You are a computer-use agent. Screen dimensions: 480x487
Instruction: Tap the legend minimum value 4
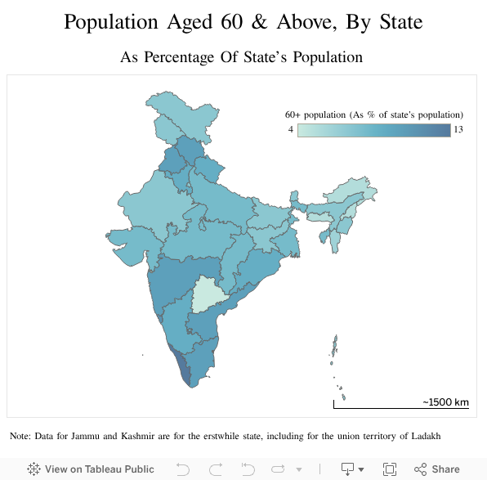290,130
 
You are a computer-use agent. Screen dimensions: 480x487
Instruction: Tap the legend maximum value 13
458,130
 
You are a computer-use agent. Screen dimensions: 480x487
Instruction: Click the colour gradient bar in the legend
373,130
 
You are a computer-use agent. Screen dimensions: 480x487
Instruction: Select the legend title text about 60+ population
373,114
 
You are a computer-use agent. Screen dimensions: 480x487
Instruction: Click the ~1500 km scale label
445,402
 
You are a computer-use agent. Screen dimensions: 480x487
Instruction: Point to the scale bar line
400,407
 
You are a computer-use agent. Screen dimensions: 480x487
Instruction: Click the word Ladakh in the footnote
423,436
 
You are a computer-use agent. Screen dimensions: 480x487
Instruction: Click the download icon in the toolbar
347,469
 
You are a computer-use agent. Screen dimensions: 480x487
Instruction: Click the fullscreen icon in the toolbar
390,469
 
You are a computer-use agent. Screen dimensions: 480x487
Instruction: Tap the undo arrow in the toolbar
183,469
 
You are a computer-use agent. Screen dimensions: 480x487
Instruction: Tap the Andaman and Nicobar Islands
335,348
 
